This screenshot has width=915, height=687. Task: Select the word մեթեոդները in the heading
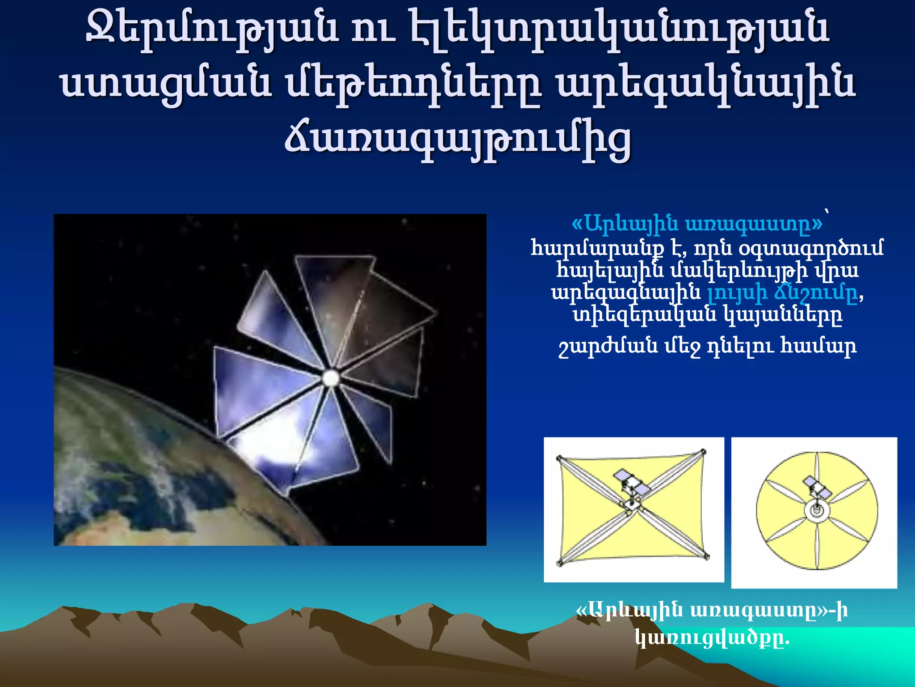[x=414, y=85]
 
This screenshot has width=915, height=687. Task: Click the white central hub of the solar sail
[x=331, y=378]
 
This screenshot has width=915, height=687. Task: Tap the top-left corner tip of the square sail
[x=559, y=458]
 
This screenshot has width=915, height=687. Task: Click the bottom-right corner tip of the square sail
[x=706, y=557]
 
